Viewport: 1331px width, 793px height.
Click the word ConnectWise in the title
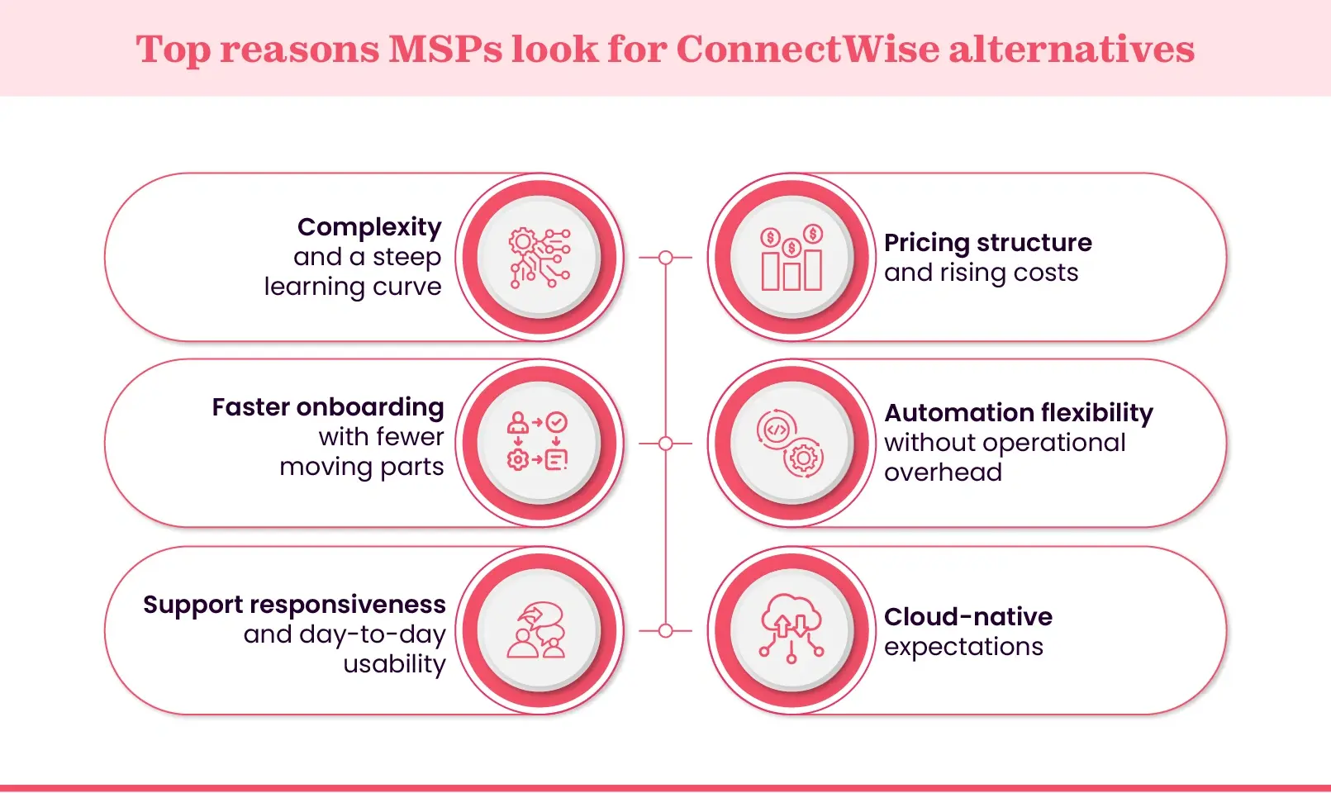point(807,49)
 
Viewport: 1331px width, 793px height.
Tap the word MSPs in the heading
point(444,49)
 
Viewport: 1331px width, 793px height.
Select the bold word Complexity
point(369,226)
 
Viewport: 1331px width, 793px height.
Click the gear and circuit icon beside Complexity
point(540,258)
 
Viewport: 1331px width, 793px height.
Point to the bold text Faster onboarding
point(328,407)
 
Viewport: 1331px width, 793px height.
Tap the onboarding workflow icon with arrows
point(538,443)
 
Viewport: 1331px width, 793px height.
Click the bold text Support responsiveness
point(294,605)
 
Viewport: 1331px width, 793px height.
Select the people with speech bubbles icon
point(538,630)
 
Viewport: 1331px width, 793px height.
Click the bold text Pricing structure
point(987,243)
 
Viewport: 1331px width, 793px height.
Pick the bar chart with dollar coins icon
point(791,258)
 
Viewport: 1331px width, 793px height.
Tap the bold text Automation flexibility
point(1018,413)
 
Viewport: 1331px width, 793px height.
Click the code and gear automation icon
point(791,444)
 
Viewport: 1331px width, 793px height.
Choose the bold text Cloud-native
point(967,617)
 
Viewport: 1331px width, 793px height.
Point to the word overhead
point(943,472)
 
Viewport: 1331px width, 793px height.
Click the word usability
point(394,664)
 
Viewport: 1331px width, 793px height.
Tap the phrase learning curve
point(353,287)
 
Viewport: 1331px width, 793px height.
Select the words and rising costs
point(981,273)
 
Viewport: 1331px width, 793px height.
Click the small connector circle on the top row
point(666,258)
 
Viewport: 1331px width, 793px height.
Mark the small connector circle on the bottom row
point(666,631)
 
